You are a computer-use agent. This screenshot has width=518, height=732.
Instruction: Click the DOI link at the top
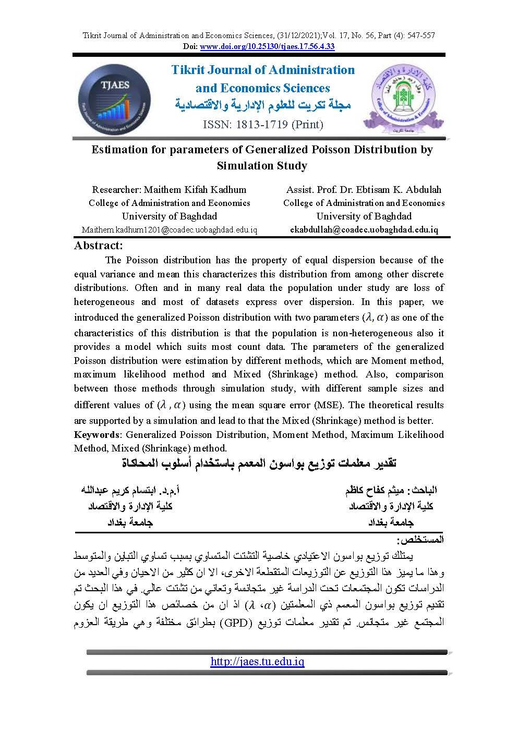(x=267, y=46)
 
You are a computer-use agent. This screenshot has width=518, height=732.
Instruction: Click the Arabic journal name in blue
(x=262, y=105)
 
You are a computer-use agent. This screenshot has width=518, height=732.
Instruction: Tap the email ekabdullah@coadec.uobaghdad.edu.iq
(x=364, y=229)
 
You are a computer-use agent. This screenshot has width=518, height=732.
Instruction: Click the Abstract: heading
(x=99, y=246)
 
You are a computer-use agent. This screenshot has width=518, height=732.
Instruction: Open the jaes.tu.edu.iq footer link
(x=257, y=662)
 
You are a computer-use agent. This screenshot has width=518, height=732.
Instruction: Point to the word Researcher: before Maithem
(x=116, y=189)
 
